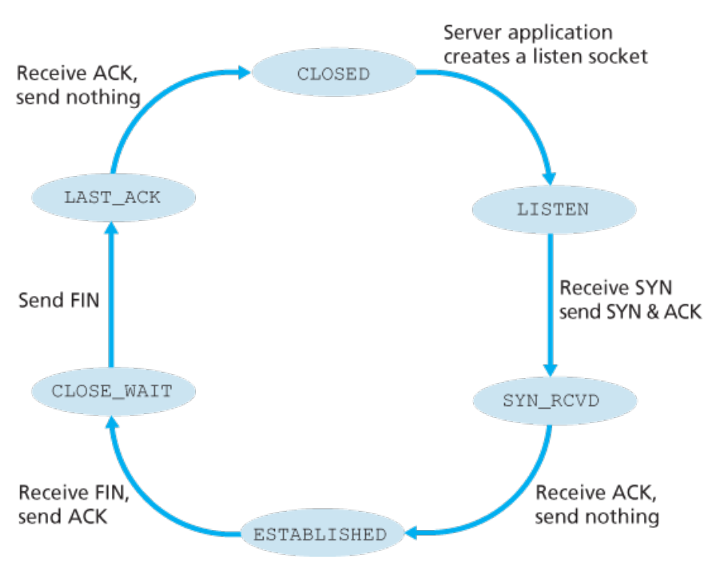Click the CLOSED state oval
click(334, 72)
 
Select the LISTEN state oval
click(554, 210)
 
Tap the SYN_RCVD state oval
click(555, 401)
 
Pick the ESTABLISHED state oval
click(322, 533)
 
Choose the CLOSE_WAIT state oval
click(113, 392)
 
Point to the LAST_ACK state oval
click(113, 197)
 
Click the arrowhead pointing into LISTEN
click(549, 179)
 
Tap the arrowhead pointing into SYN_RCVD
click(550, 370)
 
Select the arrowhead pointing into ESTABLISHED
click(411, 533)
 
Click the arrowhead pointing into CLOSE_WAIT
click(112, 422)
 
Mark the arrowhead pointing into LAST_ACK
click(111, 228)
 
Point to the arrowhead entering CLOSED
click(244, 72)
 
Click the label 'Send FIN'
click(59, 301)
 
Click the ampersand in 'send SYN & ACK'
click(652, 312)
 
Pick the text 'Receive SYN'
click(616, 288)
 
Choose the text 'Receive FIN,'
click(74, 492)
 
